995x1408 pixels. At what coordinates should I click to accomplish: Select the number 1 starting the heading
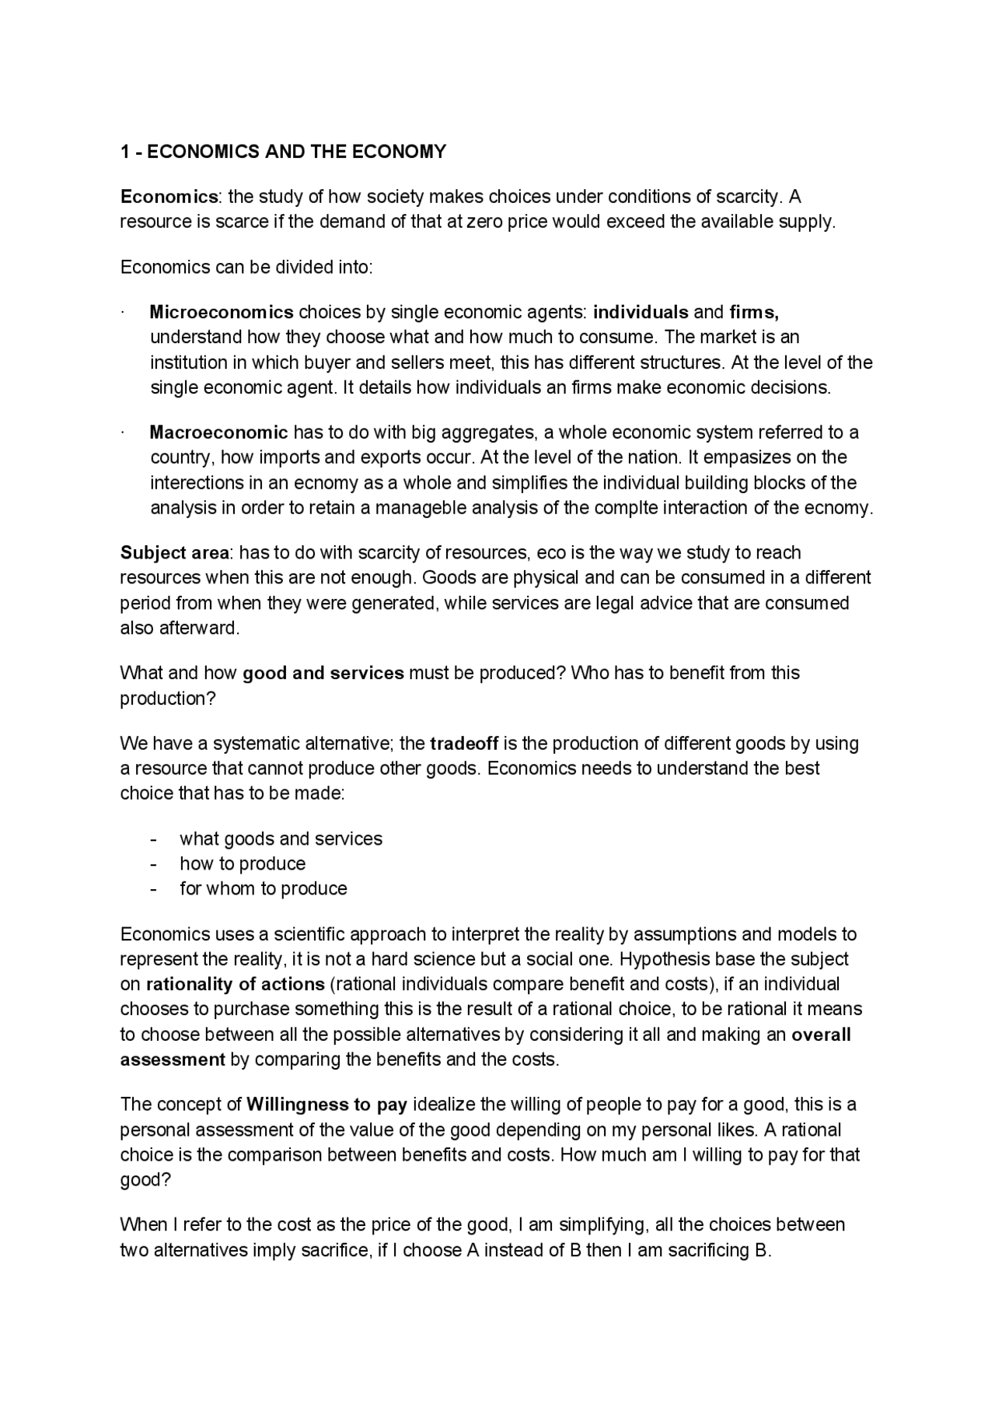click(x=124, y=152)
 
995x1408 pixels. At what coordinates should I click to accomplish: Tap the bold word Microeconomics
click(x=222, y=313)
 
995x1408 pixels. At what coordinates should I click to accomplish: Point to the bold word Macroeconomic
click(x=218, y=433)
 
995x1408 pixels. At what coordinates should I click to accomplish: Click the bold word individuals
click(x=641, y=313)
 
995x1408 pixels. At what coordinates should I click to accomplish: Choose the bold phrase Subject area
click(x=174, y=553)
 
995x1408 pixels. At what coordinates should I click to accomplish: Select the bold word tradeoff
click(x=464, y=744)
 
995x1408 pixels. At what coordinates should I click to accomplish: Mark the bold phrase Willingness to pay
click(x=326, y=1105)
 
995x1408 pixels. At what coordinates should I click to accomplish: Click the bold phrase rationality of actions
click(x=235, y=985)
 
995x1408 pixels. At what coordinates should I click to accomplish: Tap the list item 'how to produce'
click(x=243, y=864)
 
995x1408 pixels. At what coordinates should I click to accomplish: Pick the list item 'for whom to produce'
click(x=264, y=889)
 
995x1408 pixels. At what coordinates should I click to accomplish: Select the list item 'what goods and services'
click(x=281, y=839)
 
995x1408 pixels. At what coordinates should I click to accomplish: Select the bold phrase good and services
click(x=323, y=674)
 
